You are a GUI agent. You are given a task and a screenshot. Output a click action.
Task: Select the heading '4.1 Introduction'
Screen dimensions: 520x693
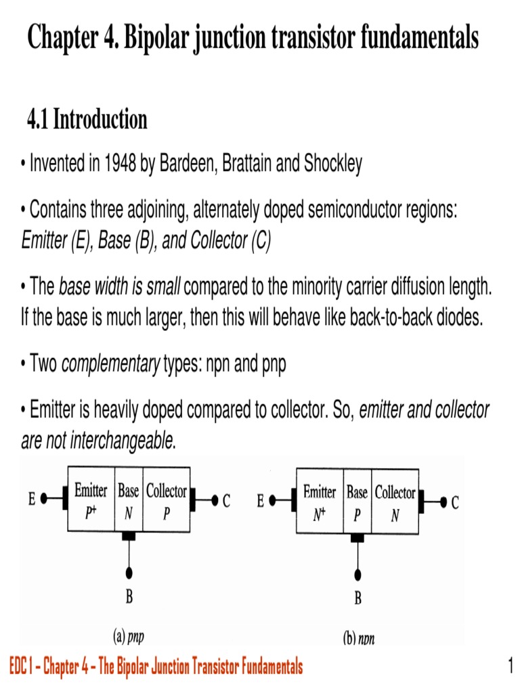pos(87,120)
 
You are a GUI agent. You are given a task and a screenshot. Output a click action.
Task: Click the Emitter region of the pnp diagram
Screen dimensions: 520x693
pos(91,500)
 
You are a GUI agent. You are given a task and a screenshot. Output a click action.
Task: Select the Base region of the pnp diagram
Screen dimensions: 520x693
pos(128,500)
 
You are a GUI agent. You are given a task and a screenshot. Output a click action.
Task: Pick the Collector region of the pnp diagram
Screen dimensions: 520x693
pos(166,500)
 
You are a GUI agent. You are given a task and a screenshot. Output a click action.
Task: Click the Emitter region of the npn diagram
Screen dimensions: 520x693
pos(320,501)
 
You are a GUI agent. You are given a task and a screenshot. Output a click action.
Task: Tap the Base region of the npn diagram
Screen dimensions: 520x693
pos(357,501)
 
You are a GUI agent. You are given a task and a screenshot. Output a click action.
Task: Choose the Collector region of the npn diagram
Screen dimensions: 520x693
pos(395,501)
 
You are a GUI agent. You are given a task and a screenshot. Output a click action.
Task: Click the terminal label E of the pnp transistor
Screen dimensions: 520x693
pos(32,501)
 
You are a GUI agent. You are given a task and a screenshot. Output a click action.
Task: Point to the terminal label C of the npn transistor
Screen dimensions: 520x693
pos(456,502)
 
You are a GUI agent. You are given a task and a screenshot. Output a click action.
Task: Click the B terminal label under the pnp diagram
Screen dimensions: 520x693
pos(129,596)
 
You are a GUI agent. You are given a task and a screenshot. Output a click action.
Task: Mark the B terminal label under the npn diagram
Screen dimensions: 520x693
pos(357,598)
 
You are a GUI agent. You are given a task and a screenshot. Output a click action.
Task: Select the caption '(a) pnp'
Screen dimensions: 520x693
pos(128,636)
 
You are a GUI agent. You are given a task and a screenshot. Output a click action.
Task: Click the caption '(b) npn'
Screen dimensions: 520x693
pos(358,638)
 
